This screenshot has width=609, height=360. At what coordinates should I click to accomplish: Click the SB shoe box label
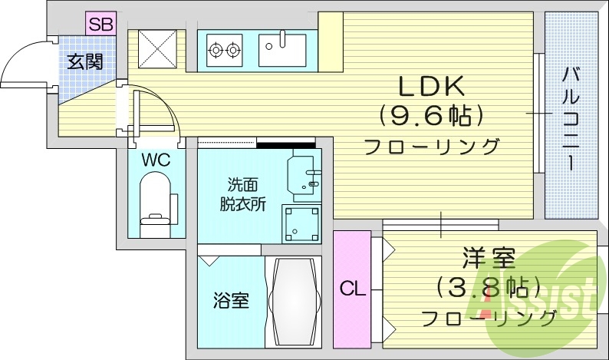[100, 24]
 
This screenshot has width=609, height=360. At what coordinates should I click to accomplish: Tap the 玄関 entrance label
[84, 61]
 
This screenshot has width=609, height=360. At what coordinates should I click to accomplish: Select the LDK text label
[430, 85]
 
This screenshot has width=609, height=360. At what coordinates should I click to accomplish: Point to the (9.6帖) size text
[430, 116]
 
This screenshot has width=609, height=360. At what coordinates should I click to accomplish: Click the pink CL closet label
[351, 289]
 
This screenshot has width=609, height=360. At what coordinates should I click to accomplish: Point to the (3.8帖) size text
[483, 287]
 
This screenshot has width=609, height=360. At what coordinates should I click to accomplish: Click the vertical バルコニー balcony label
[571, 119]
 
